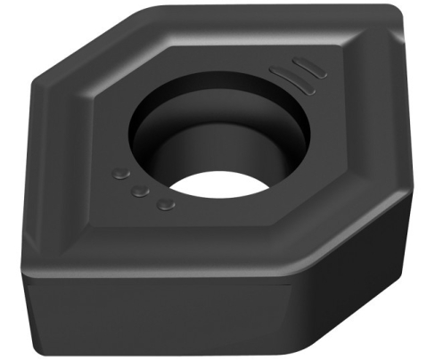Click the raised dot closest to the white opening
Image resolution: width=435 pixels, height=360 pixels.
pos(164,206)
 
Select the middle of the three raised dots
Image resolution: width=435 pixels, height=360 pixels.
pos(141,190)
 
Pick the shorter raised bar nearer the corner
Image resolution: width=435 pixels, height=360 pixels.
pos(306,67)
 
